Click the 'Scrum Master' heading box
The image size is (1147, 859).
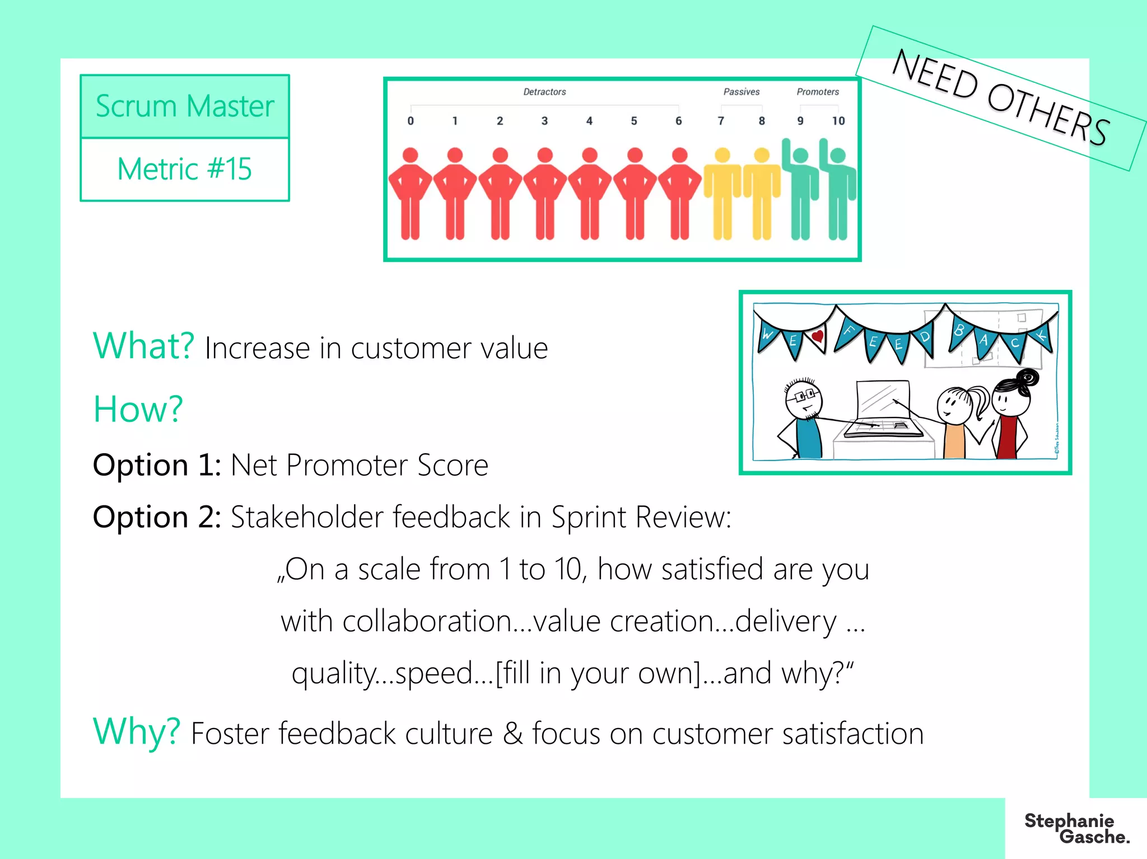185,106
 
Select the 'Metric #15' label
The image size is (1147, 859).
185,169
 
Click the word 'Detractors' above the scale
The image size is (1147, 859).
544,92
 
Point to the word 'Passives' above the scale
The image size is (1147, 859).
742,92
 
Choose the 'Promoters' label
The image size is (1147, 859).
818,92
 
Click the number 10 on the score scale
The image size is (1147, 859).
838,121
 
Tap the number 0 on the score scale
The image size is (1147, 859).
411,121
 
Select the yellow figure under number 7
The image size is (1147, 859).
722,193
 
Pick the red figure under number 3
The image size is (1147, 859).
545,193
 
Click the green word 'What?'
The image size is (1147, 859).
143,345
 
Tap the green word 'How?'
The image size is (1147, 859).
138,409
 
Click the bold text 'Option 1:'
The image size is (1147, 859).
157,464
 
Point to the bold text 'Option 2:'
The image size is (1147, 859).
157,517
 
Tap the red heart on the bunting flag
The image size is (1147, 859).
818,336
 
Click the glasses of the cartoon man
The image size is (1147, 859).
804,396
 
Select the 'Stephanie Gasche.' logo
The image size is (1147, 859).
1076,829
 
